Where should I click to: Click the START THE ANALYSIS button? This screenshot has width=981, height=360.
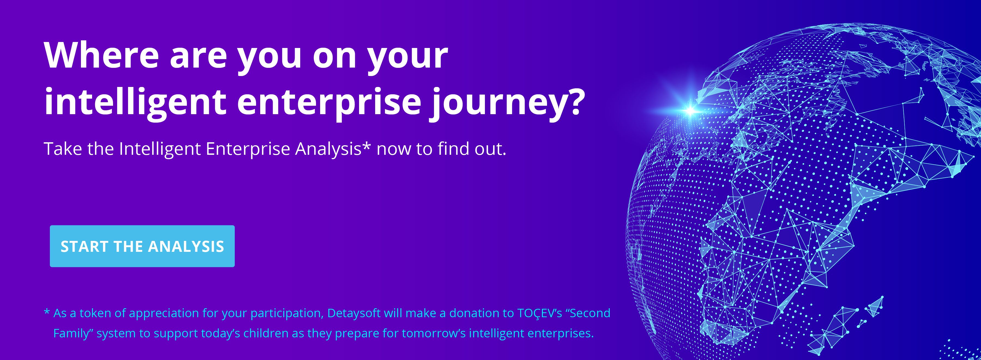[142, 246]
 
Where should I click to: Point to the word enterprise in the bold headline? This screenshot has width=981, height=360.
[329, 102]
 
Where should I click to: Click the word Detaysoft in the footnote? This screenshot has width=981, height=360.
[354, 313]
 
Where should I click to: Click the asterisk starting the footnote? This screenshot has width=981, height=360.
[47, 312]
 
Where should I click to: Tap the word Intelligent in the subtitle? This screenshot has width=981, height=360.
[160, 149]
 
